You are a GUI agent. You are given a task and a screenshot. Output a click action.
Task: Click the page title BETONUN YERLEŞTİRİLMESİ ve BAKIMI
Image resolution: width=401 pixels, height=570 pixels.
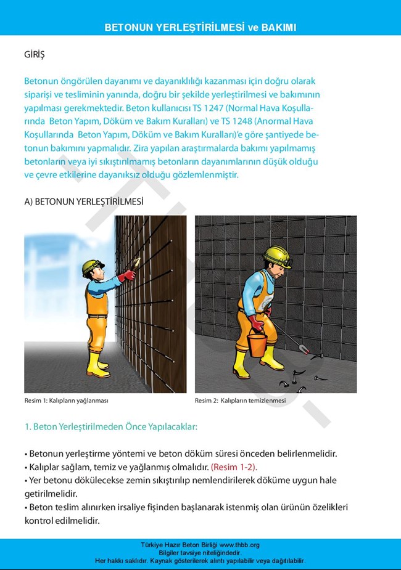coord(200,28)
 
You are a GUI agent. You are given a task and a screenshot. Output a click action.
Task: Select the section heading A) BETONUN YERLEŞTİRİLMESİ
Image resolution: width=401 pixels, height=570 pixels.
coord(84,202)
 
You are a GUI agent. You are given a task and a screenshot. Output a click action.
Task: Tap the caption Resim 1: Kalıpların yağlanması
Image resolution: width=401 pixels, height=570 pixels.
coord(66,401)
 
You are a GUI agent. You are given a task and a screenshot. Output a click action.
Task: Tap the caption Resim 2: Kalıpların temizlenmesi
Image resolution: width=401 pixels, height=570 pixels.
coord(240,401)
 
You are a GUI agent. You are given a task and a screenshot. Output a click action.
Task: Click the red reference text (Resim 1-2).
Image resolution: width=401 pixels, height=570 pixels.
coord(234,467)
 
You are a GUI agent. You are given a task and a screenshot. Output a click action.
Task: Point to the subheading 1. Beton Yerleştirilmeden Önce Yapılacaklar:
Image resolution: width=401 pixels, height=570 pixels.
coord(110,426)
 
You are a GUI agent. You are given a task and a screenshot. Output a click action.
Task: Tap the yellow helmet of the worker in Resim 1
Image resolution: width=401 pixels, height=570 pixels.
coord(92,264)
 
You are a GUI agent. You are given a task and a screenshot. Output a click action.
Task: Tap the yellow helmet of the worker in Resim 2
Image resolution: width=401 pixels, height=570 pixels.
coord(276,254)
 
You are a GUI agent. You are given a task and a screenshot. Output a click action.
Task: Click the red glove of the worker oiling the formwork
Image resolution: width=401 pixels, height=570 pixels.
coord(128,275)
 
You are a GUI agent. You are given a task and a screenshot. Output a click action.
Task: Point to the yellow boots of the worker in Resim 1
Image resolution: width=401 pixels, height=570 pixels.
coord(97,365)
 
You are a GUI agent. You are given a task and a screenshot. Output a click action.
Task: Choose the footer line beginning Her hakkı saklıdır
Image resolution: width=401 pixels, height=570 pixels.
coord(200,561)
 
